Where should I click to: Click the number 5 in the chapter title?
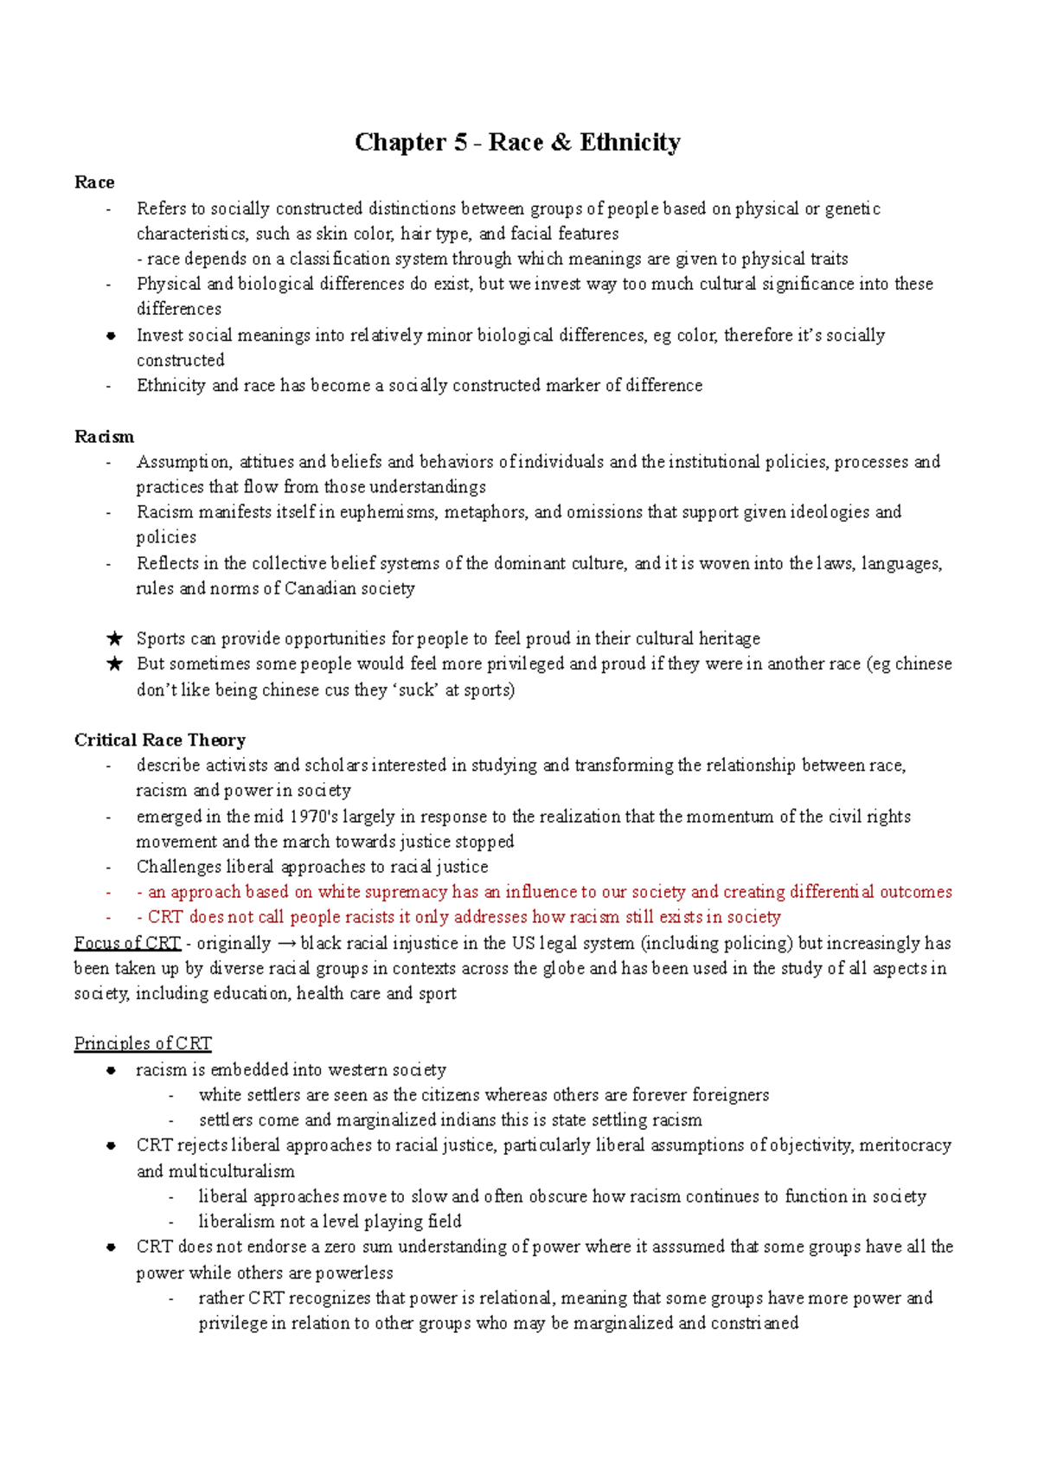pos(460,143)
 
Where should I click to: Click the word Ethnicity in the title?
pos(630,143)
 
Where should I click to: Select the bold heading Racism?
pos(104,437)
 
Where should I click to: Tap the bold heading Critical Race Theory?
pos(160,740)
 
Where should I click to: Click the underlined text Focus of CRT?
pos(127,943)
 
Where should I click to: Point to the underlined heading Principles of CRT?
pos(143,1044)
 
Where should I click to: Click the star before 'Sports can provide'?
pos(114,639)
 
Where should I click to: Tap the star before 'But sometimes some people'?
pos(114,664)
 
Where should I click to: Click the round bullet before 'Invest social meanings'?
pos(111,337)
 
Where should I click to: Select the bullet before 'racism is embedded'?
pos(111,1071)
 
